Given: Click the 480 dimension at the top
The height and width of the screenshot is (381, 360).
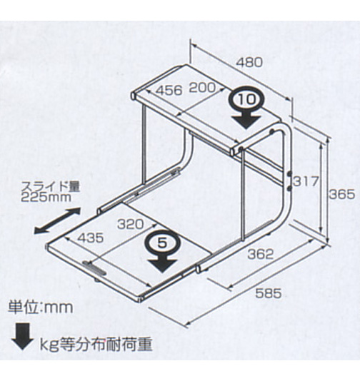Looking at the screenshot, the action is (x=250, y=63).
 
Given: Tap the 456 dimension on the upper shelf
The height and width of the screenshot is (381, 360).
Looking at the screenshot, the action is (x=169, y=91).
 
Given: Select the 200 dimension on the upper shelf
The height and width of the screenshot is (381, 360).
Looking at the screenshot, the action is (x=202, y=88).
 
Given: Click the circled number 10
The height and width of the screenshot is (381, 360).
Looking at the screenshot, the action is (x=246, y=99).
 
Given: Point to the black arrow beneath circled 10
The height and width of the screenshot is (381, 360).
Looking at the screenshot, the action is (x=246, y=122).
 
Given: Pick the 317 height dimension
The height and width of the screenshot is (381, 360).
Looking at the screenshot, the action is (x=306, y=181).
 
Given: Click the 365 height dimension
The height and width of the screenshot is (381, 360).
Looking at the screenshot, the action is (x=341, y=194).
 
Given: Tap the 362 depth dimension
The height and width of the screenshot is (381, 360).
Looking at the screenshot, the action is (x=261, y=255).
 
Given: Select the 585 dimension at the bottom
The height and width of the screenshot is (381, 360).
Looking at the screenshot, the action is (x=269, y=293).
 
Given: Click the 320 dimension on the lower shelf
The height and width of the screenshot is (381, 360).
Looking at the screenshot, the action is (x=131, y=225).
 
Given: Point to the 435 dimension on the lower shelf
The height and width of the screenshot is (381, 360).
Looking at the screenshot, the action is (x=91, y=238).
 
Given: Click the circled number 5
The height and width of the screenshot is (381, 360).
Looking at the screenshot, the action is (x=162, y=243).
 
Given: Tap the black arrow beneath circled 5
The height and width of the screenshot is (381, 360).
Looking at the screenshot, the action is (x=162, y=265).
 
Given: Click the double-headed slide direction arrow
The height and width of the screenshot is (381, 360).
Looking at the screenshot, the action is (x=57, y=220).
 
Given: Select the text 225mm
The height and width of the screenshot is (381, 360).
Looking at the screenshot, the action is (x=46, y=198).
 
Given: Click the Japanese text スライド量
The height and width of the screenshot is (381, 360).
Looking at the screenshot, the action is (x=51, y=187).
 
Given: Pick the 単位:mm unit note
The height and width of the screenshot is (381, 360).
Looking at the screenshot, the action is (x=40, y=308).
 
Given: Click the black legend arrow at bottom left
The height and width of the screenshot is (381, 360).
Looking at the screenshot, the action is (x=22, y=337).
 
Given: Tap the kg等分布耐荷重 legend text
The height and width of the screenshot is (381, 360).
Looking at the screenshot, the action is (x=96, y=345).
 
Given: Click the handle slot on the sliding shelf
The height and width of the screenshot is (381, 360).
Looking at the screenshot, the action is (x=94, y=268).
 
